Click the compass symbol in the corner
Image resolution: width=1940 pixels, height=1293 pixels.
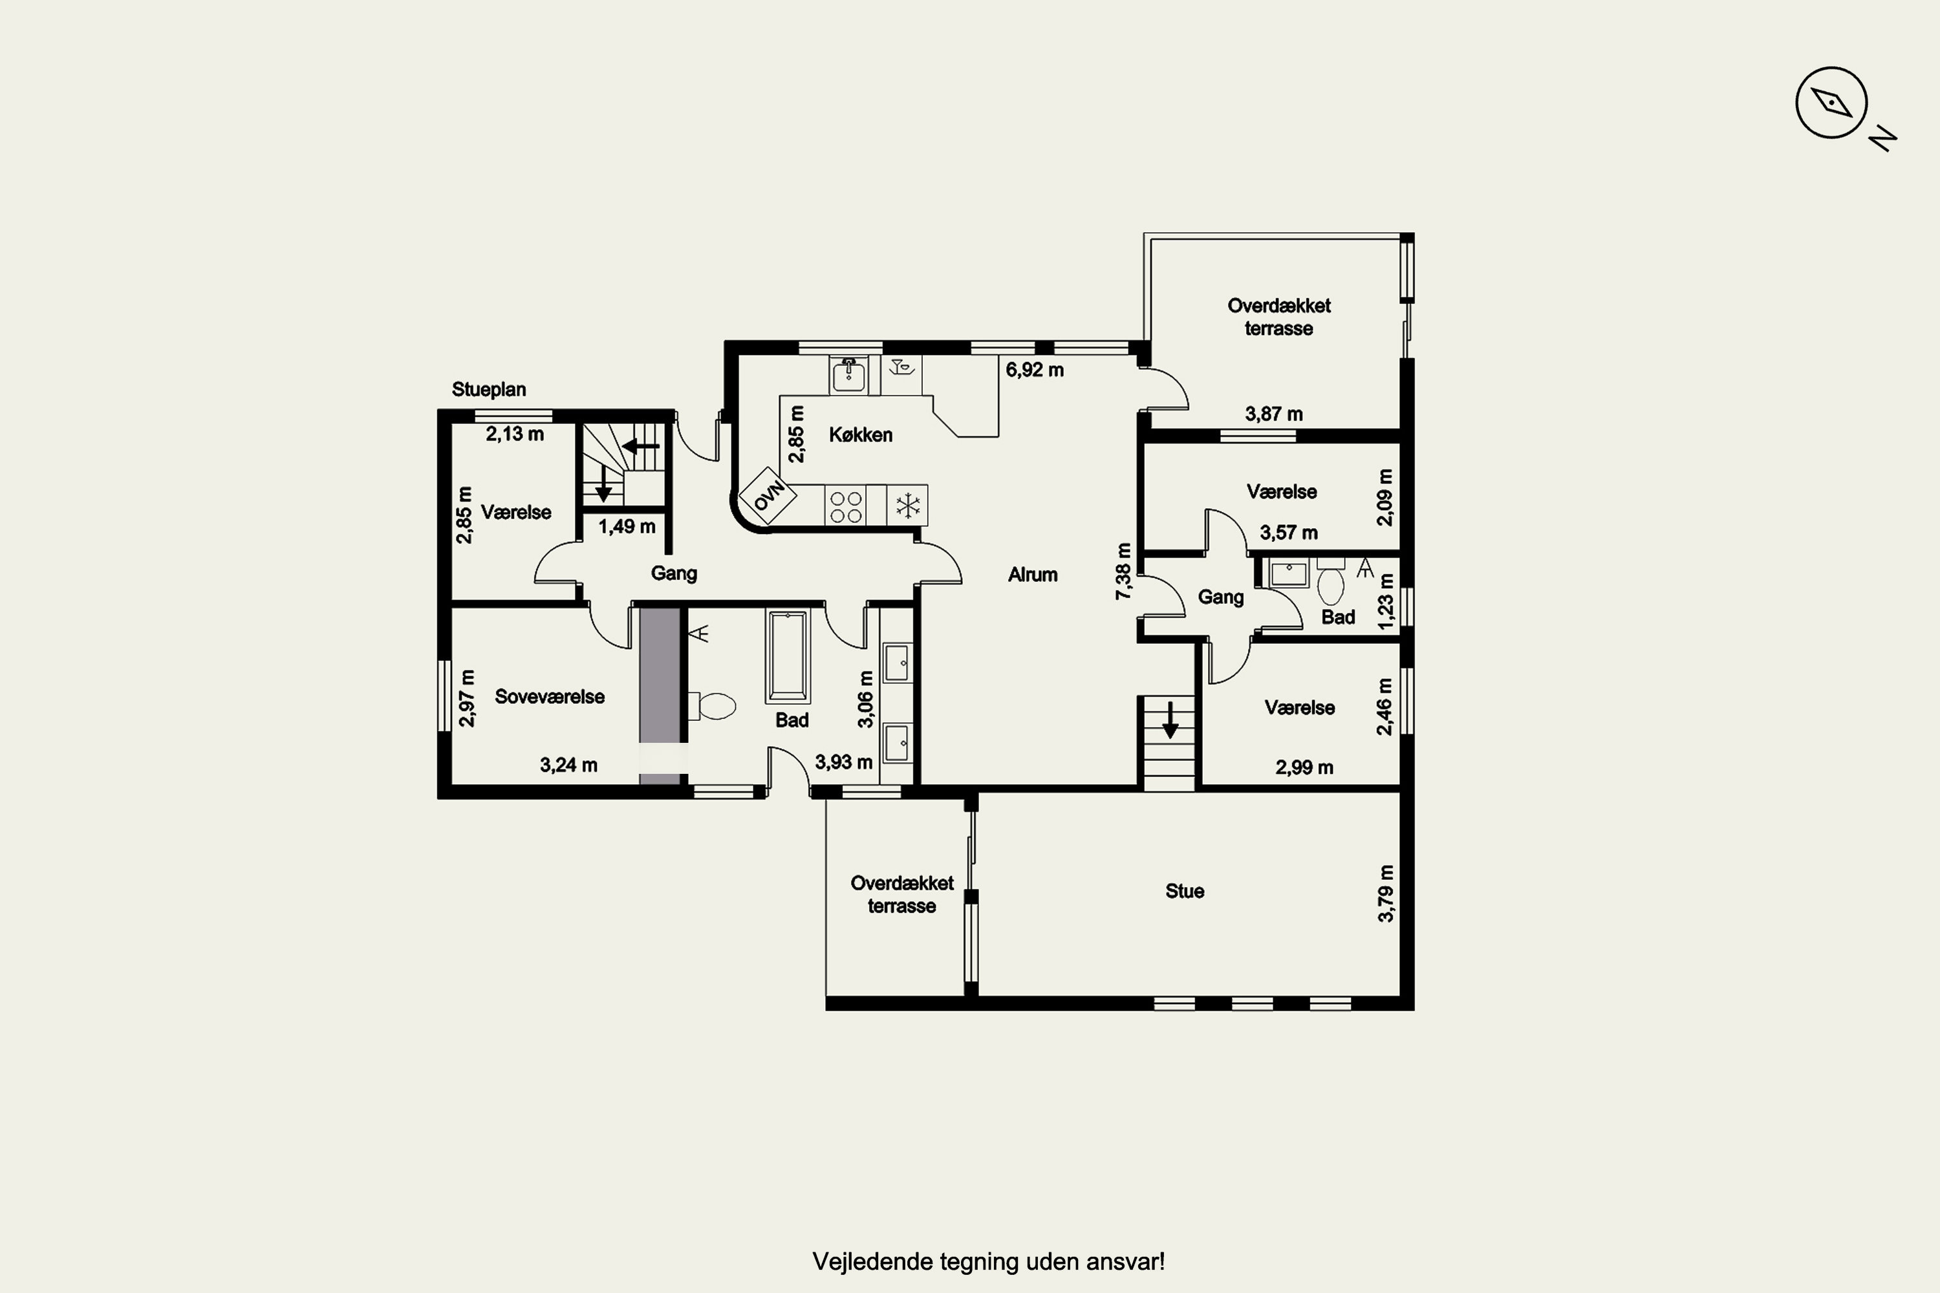(1831, 103)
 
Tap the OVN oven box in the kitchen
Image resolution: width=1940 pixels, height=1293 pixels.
(767, 496)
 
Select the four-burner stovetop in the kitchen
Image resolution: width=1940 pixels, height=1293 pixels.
(845, 506)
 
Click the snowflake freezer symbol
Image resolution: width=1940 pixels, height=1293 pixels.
(907, 506)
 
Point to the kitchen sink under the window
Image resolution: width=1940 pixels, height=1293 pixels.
(848, 375)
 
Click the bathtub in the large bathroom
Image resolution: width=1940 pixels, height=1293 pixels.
(788, 656)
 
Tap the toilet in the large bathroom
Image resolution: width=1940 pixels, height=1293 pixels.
(713, 706)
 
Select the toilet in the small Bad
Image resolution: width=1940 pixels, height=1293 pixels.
(1330, 583)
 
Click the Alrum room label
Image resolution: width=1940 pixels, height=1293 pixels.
(1033, 575)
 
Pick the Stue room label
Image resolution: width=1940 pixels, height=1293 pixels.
(1185, 892)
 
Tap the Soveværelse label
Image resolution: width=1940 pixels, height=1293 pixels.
(549, 697)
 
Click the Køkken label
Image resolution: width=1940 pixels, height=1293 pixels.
(860, 434)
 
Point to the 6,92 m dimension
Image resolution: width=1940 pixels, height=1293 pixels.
(1034, 370)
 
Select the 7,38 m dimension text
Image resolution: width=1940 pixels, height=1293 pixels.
(1123, 572)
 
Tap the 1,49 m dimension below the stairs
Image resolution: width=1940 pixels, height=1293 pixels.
(627, 526)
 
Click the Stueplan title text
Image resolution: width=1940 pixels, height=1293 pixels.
(489, 389)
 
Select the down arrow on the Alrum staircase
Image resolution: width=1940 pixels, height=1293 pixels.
(1170, 720)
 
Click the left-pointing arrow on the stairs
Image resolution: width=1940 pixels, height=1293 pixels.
(640, 446)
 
